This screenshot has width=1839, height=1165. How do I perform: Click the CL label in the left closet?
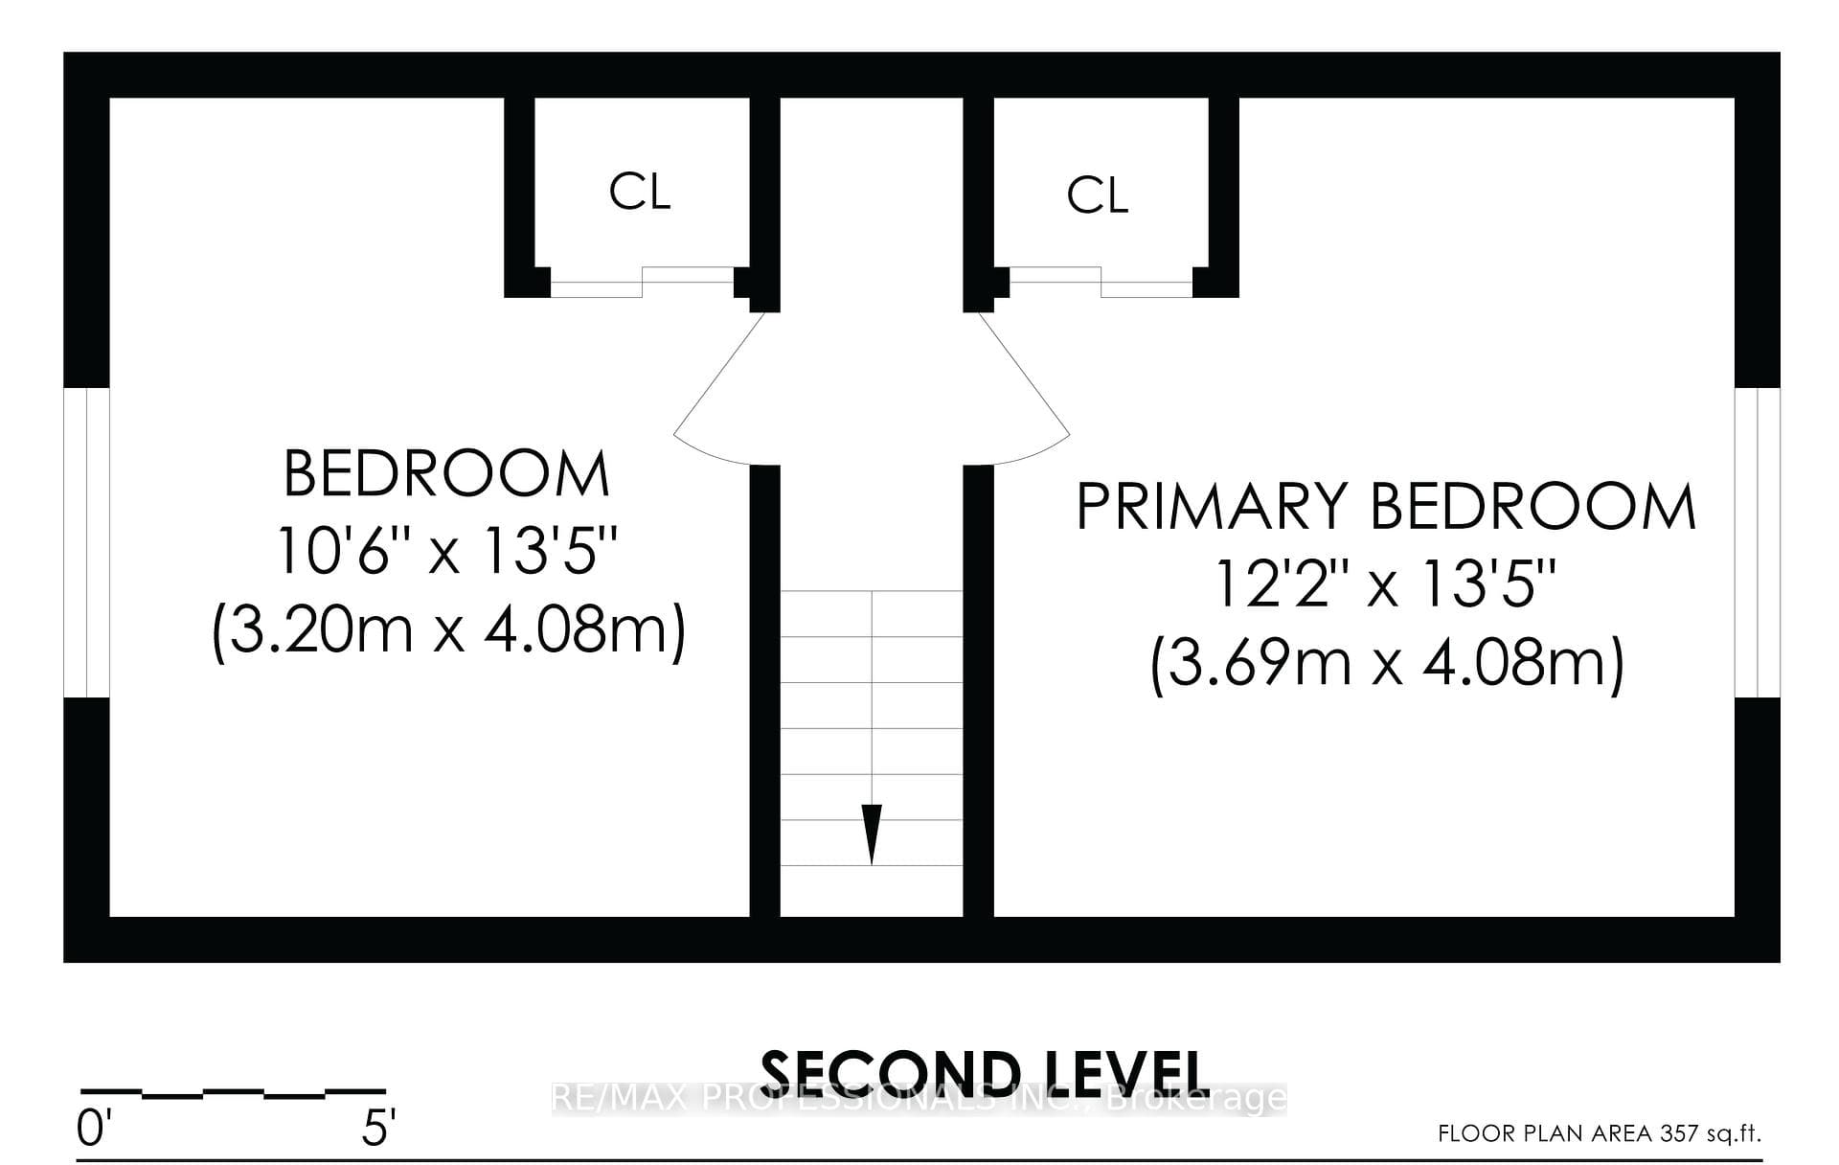point(640,192)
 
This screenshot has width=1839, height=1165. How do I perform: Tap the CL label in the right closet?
point(1098,195)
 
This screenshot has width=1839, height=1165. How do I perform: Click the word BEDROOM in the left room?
point(447,473)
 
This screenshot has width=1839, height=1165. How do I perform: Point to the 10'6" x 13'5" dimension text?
point(447,551)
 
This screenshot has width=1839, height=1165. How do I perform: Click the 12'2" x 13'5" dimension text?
point(1386,584)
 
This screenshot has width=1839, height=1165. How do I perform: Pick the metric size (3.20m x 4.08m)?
point(448,630)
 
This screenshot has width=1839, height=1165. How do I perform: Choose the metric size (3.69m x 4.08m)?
point(1387,663)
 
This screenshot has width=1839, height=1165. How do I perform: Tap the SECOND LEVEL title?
point(982,1074)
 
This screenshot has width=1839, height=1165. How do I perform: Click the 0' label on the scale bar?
point(92,1130)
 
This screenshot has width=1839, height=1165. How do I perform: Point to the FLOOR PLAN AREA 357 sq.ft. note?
point(1600,1133)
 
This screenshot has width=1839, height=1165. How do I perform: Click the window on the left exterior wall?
point(86,542)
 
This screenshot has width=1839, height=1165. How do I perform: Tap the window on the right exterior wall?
point(1758,542)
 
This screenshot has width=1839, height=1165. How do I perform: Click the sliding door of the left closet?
point(642,283)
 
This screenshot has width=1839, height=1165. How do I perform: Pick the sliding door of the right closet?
point(1101,283)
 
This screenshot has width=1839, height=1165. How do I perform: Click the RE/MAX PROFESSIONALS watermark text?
point(919,1098)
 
